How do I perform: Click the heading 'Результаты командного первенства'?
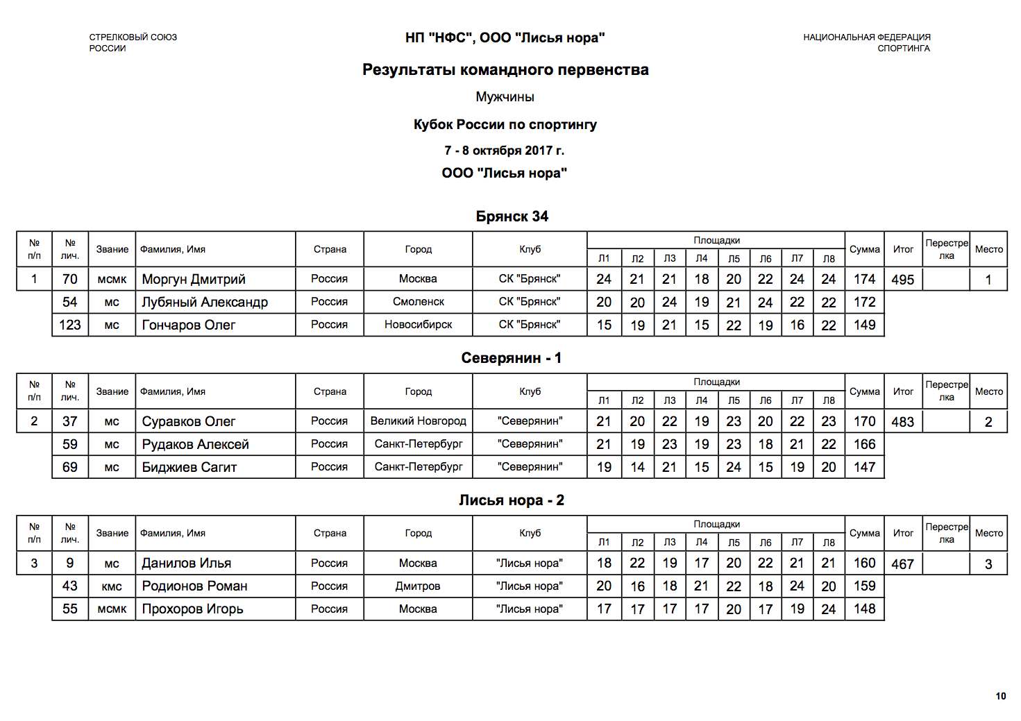[505, 70]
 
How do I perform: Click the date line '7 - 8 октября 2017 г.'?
[504, 151]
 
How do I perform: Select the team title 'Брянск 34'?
[512, 217]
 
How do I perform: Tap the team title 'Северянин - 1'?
[511, 358]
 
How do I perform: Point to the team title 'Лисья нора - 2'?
[511, 500]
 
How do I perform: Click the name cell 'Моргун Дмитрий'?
[194, 279]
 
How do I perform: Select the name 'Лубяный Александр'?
[205, 302]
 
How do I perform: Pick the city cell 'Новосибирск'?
[418, 325]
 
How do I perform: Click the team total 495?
[902, 280]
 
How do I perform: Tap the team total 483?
[902, 422]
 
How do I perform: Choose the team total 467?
[902, 564]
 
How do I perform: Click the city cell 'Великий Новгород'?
[418, 421]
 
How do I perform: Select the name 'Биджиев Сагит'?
[189, 467]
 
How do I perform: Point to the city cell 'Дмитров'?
[418, 586]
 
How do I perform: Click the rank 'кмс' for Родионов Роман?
[112, 586]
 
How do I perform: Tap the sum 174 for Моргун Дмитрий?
[864, 279]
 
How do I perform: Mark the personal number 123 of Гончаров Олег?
[70, 325]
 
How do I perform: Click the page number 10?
[1000, 696]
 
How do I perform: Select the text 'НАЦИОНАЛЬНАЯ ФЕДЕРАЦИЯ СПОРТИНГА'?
[867, 42]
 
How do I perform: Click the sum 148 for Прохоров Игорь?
[864, 609]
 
